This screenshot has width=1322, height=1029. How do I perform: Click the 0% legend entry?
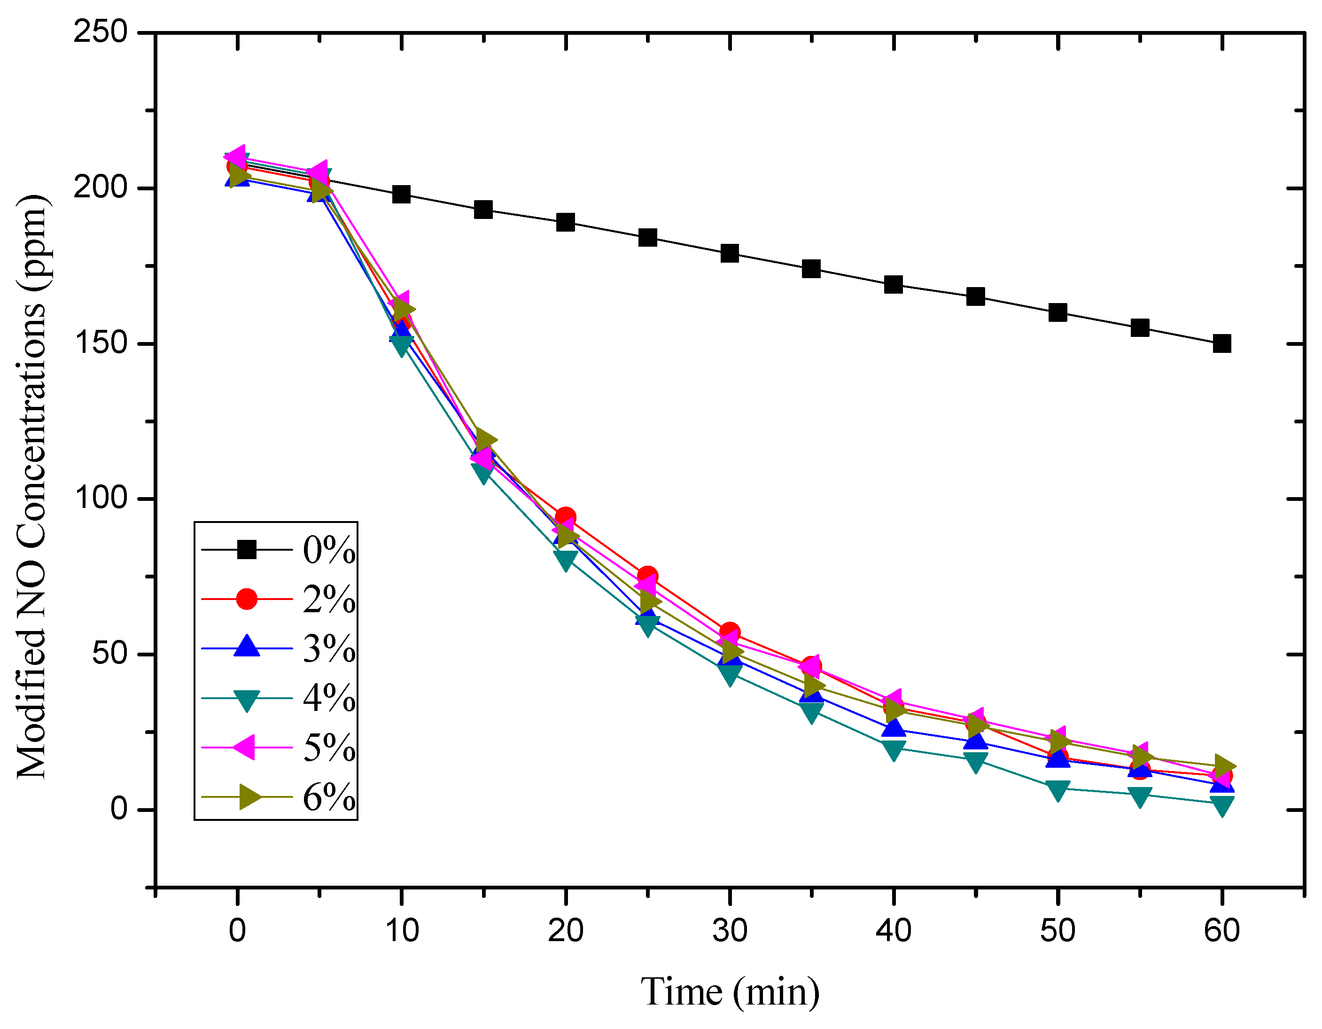point(279,550)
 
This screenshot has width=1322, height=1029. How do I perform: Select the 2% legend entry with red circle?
point(279,599)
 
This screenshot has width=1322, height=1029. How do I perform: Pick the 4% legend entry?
point(279,698)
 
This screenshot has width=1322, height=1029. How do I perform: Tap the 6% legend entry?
point(279,796)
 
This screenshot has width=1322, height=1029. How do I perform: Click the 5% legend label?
point(329,748)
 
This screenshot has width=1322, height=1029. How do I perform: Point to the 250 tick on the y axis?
point(101,31)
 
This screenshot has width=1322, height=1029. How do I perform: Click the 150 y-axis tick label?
point(101,343)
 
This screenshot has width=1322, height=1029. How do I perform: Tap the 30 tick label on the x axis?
point(730,930)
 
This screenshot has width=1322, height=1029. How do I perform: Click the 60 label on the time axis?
point(1221,930)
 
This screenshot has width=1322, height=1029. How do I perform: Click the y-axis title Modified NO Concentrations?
point(31,487)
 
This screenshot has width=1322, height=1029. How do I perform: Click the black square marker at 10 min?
point(401,195)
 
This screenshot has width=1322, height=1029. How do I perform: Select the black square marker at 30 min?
point(730,253)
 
